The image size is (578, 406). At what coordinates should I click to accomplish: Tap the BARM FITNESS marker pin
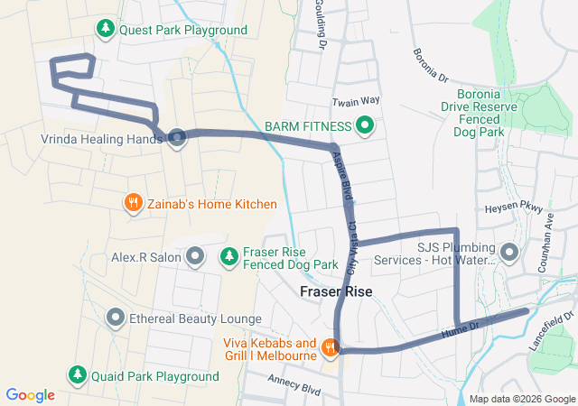pyautogui.click(x=365, y=125)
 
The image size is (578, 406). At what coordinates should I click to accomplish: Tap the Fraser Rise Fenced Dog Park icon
pyautogui.click(x=229, y=257)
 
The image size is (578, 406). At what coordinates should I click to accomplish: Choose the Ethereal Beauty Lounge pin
pyautogui.click(x=116, y=318)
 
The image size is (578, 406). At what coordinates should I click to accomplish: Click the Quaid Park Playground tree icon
pyautogui.click(x=78, y=374)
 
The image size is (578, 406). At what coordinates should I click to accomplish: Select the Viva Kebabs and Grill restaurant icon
pyautogui.click(x=331, y=346)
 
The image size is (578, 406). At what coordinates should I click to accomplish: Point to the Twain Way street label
pyautogui.click(x=351, y=103)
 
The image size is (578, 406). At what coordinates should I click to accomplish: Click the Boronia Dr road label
pyautogui.click(x=431, y=66)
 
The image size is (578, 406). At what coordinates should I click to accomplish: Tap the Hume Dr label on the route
pyautogui.click(x=460, y=330)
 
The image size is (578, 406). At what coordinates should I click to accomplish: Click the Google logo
pyautogui.click(x=30, y=394)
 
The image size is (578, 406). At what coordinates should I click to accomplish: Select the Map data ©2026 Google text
pyautogui.click(x=521, y=400)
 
